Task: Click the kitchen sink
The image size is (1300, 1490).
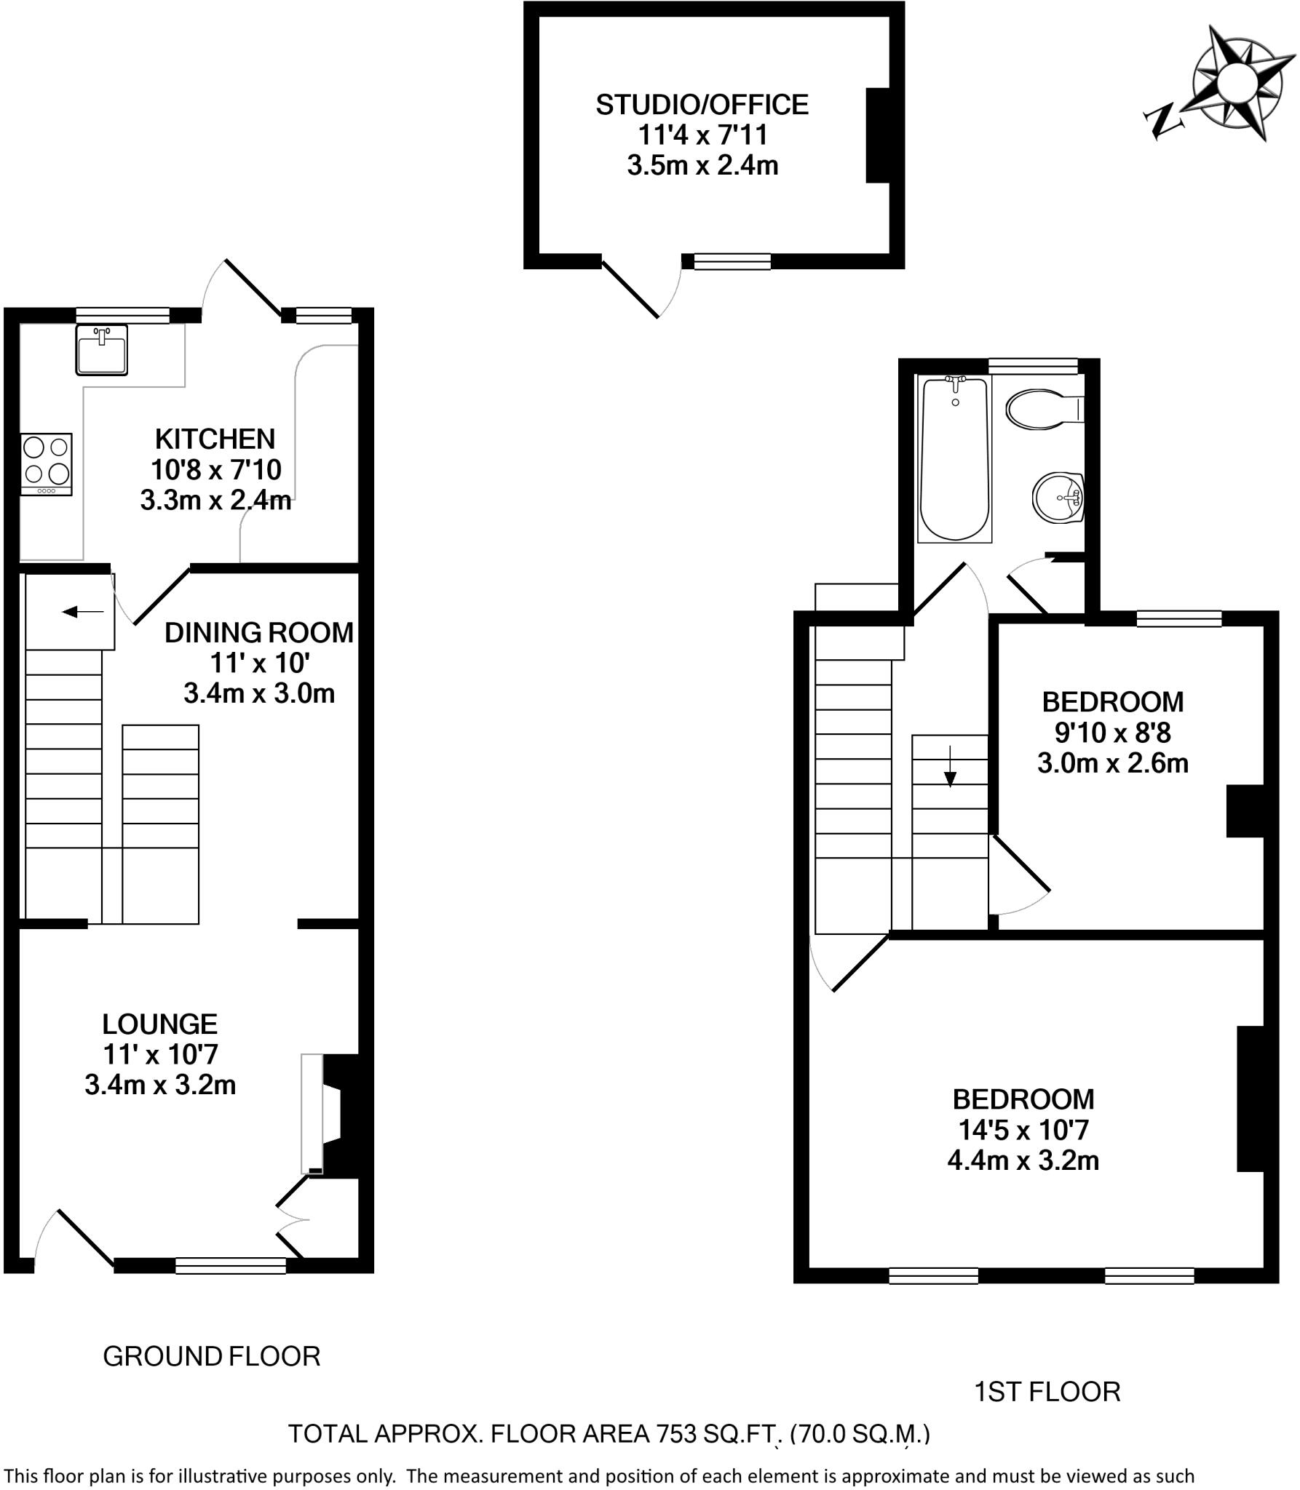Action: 101,350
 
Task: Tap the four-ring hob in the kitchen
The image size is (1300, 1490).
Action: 47,464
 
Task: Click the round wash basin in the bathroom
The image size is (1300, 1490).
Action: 1058,498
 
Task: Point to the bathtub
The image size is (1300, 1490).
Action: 954,458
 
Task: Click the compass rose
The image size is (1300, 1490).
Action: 1237,82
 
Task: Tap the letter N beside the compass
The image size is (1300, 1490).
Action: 1162,119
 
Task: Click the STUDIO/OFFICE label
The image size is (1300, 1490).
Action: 702,105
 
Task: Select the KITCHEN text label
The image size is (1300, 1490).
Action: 215,439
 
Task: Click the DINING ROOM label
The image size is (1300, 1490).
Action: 259,633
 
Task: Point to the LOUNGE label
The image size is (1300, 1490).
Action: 159,1024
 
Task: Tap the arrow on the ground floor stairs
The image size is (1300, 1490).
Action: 83,613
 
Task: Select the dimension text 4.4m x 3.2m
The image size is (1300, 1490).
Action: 1023,1160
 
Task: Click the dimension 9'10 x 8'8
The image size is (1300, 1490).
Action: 1113,733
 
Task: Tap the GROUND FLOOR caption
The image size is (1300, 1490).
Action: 211,1357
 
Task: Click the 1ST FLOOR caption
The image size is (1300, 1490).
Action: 1047,1393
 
